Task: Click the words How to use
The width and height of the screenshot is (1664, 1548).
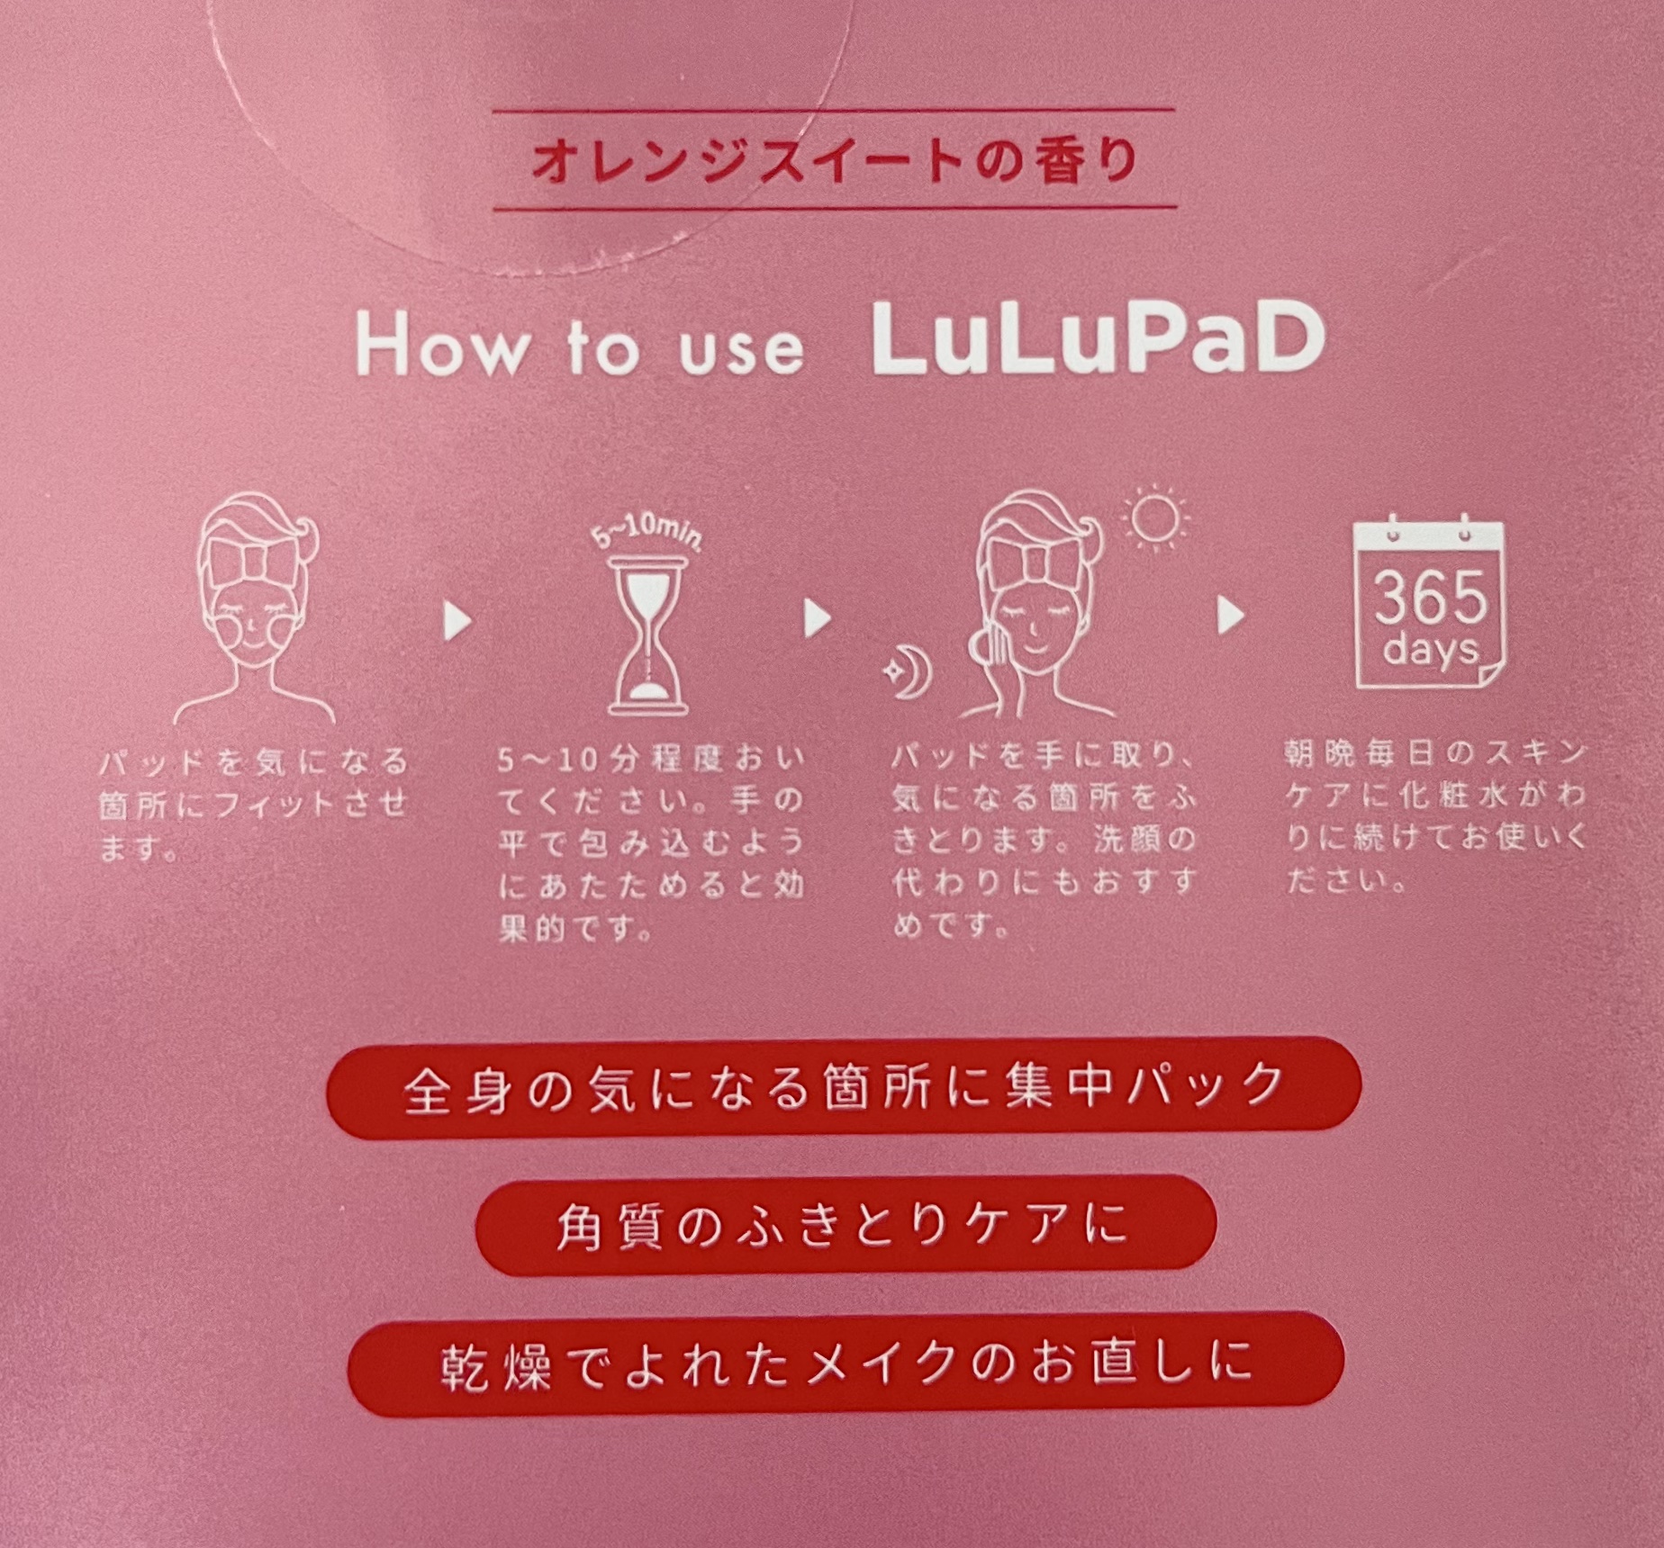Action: click(x=580, y=346)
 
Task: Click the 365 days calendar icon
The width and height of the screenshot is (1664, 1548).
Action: click(x=1430, y=603)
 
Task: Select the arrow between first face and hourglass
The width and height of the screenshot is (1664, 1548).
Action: click(x=457, y=621)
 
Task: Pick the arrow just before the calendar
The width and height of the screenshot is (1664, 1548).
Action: click(x=1230, y=616)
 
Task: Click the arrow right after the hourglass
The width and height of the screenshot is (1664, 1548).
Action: click(x=818, y=618)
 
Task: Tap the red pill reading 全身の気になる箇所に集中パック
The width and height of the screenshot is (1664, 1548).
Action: click(x=843, y=1087)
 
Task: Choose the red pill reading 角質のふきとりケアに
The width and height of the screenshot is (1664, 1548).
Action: click(x=845, y=1222)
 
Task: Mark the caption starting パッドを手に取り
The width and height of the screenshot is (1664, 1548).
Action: click(x=1045, y=841)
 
